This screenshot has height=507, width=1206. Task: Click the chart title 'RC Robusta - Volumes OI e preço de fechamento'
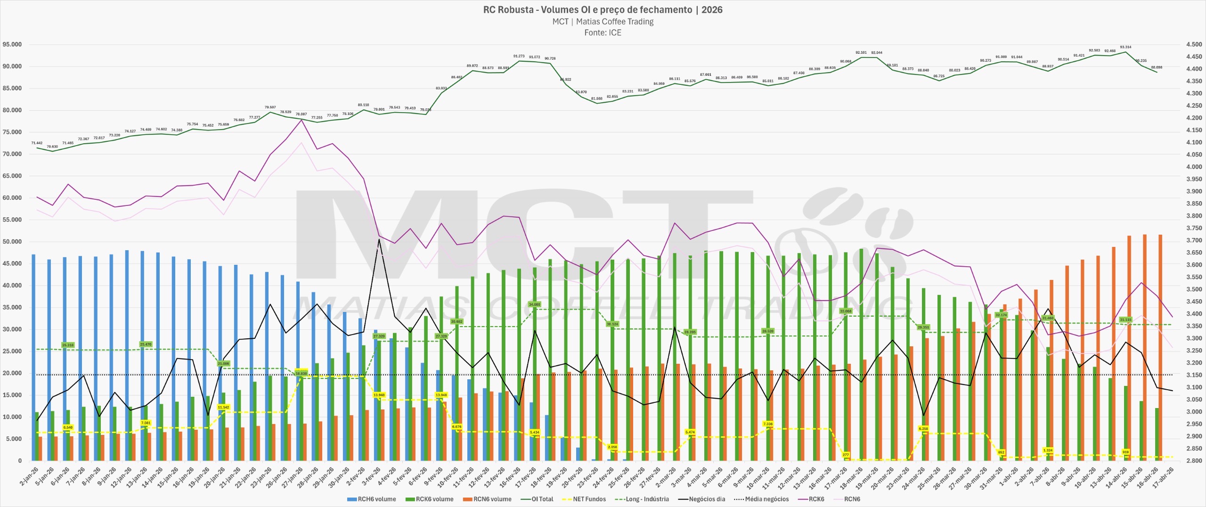tap(587, 10)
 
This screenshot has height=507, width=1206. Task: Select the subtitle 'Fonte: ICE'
tap(603, 33)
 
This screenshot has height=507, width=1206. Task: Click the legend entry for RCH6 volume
tap(372, 499)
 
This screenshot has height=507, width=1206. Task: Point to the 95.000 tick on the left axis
tap(12, 44)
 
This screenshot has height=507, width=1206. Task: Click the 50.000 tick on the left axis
tap(12, 242)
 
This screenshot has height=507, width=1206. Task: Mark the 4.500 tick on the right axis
tap(1194, 44)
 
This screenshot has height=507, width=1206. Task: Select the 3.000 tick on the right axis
tap(1194, 412)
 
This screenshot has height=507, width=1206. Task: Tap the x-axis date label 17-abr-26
tap(1163, 477)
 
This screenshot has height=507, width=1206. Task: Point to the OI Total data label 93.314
tap(1125, 47)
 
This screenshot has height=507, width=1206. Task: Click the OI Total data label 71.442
tap(37, 143)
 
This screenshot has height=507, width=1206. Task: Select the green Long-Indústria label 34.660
tap(534, 304)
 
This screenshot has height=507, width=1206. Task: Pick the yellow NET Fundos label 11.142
tap(223, 407)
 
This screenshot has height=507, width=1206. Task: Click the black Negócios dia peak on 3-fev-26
tap(379, 239)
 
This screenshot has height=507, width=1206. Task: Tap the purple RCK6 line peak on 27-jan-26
tap(301, 120)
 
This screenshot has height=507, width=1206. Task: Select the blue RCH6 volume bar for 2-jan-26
tap(33, 358)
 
